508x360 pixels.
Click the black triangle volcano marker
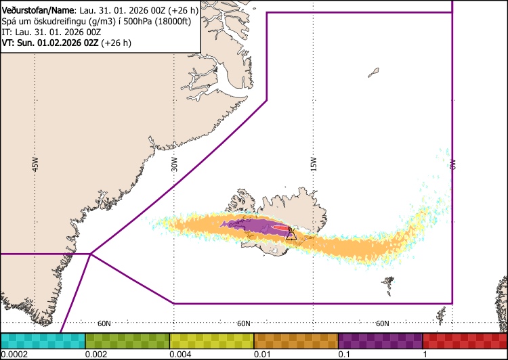pyautogui.click(x=291, y=235)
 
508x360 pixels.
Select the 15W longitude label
pyautogui.click(x=313, y=164)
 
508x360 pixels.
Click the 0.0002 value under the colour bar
pyautogui.click(x=14, y=354)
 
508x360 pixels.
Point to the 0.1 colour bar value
pyautogui.click(x=344, y=354)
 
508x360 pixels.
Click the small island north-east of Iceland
pyautogui.click(x=374, y=71)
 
